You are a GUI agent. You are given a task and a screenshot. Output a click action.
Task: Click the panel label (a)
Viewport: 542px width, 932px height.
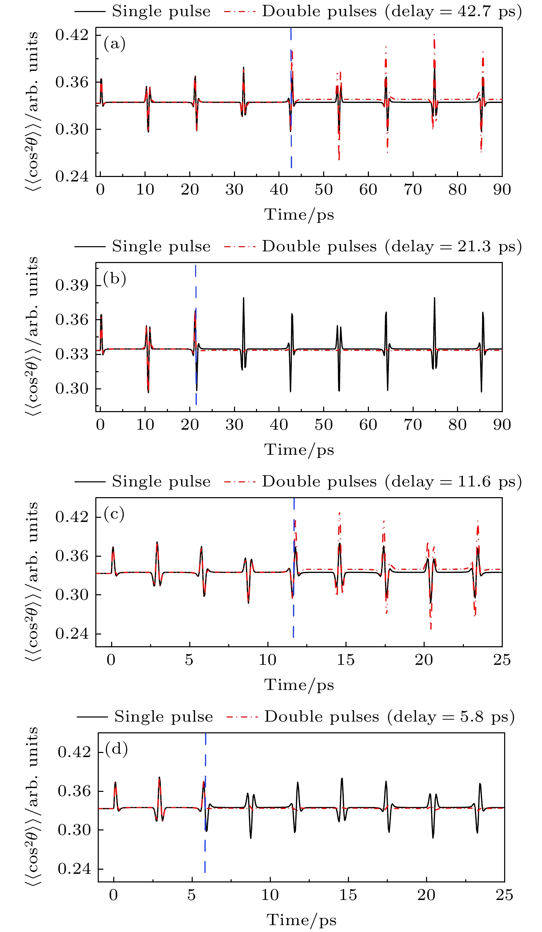point(115,44)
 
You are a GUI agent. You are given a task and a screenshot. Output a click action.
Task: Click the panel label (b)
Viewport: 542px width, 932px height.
point(115,279)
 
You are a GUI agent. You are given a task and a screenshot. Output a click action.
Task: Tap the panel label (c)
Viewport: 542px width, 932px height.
point(114,514)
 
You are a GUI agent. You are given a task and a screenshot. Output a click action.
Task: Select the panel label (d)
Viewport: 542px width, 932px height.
point(116,749)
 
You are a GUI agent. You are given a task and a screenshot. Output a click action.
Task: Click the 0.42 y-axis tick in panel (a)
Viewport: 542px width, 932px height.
point(72,35)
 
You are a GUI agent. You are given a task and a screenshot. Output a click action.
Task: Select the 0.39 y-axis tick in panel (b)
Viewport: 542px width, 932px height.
point(72,285)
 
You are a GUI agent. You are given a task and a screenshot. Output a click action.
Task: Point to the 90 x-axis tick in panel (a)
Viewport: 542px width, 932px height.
point(502,190)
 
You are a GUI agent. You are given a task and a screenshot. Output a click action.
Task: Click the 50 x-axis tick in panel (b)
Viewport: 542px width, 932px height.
point(323,425)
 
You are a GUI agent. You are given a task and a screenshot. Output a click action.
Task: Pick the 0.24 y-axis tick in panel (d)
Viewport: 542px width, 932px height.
point(74,869)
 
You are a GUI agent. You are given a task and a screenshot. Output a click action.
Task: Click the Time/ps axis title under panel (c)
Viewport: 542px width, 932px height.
point(299,684)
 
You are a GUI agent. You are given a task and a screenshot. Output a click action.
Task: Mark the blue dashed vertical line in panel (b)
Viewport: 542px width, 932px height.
point(195,333)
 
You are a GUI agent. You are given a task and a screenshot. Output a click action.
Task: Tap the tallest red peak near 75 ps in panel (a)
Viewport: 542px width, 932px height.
point(434,37)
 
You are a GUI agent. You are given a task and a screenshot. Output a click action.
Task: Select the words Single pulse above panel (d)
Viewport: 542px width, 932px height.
point(163,717)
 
